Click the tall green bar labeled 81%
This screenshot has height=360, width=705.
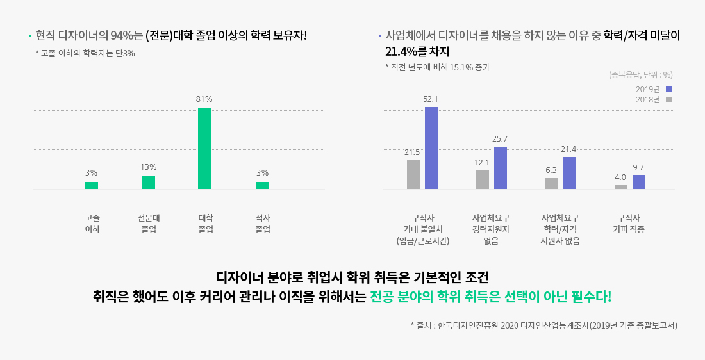coord(204,148)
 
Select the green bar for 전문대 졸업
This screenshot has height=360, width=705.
coord(149,182)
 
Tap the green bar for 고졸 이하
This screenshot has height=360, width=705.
coord(92,185)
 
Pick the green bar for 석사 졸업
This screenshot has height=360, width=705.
coord(263,185)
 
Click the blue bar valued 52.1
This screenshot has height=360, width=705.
coord(431,148)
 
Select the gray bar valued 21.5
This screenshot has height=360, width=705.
coord(413,174)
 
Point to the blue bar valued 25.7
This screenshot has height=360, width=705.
coord(501,168)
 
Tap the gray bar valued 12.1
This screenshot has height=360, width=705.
coord(483,179)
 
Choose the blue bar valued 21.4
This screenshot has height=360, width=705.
coord(570,173)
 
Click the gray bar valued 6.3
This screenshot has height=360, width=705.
coord(552,183)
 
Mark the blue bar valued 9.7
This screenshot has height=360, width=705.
coord(639,182)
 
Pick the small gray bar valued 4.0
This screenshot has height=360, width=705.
coord(621,187)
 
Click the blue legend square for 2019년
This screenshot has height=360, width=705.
coord(668,89)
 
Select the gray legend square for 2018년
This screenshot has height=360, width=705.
coord(668,99)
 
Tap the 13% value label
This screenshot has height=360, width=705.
coord(149,167)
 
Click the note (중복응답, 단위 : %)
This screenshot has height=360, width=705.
coord(640,74)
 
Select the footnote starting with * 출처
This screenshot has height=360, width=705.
coord(543,325)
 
